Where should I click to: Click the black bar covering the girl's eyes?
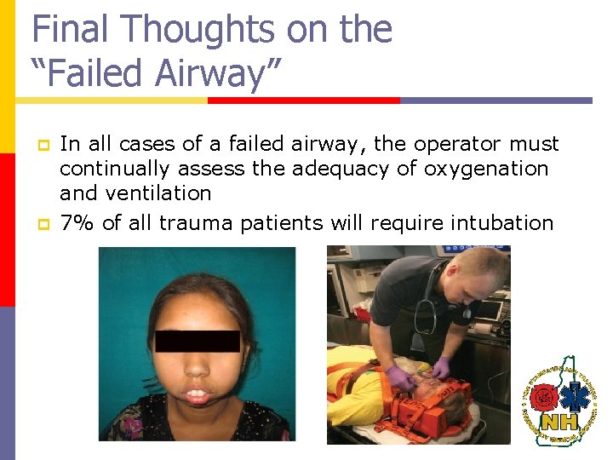(197, 341)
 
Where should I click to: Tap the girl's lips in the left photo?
(197, 395)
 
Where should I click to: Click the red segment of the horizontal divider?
(303, 100)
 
